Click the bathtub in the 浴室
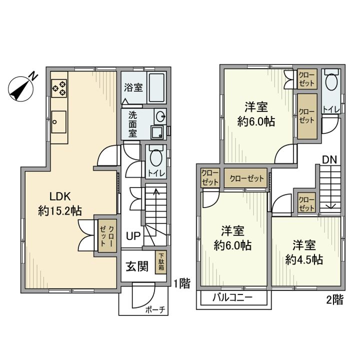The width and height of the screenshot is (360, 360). click(156, 87)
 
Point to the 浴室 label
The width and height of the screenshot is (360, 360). click(133, 87)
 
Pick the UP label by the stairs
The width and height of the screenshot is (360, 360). click(132, 235)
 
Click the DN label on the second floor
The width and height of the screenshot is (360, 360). click(328, 160)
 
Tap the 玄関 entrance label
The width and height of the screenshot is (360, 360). click(136, 266)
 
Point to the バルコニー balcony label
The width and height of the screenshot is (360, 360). click(232, 298)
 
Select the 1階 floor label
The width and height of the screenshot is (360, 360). click(181, 283)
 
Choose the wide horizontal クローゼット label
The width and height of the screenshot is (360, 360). click(245, 178)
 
